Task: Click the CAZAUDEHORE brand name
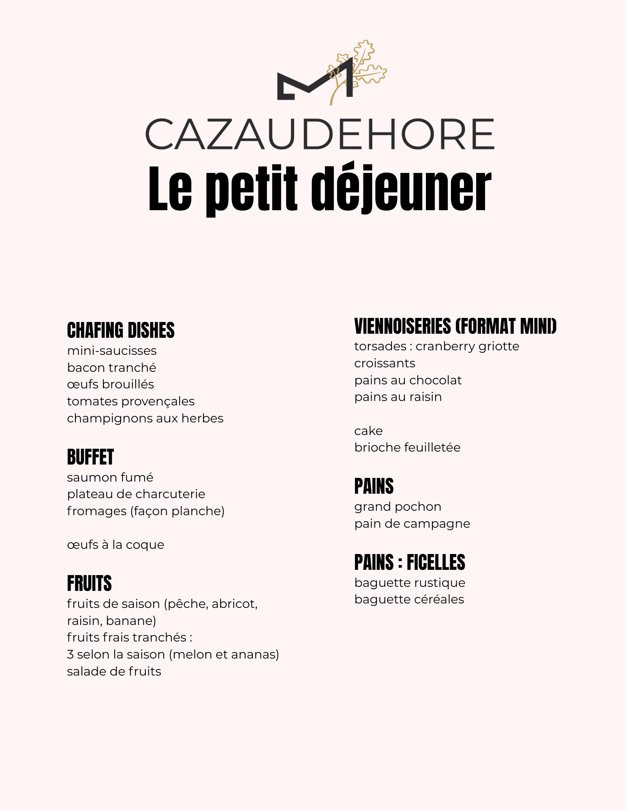click(319, 134)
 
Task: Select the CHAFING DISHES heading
click(121, 330)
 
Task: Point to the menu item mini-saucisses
click(112, 351)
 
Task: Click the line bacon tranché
click(111, 368)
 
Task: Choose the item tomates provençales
click(130, 401)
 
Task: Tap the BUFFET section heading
click(90, 457)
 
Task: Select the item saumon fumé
click(110, 477)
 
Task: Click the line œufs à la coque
click(115, 545)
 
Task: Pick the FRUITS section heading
click(89, 584)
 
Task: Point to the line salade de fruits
click(114, 671)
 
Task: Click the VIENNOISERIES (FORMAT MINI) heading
click(455, 326)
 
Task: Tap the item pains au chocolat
click(408, 380)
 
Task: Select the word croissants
click(385, 363)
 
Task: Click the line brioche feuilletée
click(407, 448)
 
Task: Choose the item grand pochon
click(397, 507)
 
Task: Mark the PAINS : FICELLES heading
click(410, 563)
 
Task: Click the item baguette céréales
click(409, 599)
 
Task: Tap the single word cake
click(368, 431)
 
